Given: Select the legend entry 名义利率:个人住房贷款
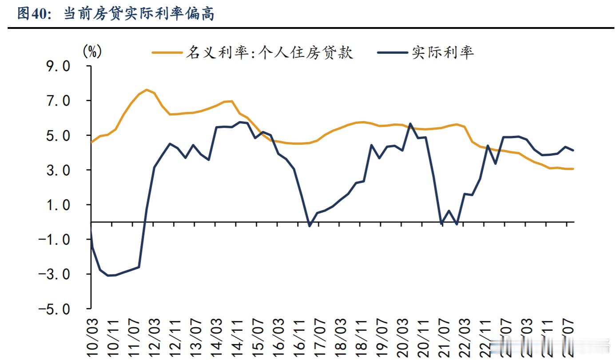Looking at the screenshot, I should [270, 52].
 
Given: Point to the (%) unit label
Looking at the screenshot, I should [92, 52].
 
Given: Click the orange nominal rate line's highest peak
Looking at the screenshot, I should [147, 90].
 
